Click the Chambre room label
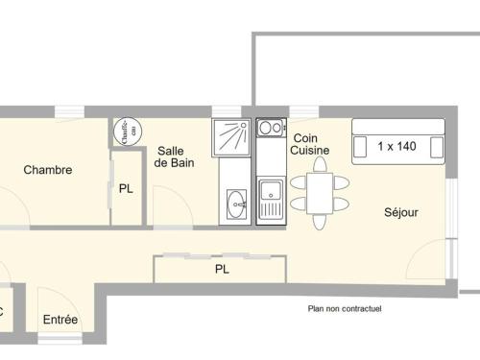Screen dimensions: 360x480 pyautogui.click(x=48, y=170)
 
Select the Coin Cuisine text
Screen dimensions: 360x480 pyautogui.click(x=310, y=145)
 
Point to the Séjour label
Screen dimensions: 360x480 pyautogui.click(x=401, y=212)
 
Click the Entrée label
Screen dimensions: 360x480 pyautogui.click(x=60, y=320)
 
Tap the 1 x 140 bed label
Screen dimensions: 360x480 pyautogui.click(x=397, y=147)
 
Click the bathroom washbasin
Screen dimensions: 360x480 pyautogui.click(x=236, y=202)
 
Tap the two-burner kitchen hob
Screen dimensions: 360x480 pyautogui.click(x=270, y=128)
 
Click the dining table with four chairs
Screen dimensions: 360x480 pyautogui.click(x=319, y=191)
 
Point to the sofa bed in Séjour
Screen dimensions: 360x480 pyautogui.click(x=397, y=141)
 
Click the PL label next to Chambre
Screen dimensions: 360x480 pyautogui.click(x=126, y=188)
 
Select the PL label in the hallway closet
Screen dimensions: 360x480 pyautogui.click(x=222, y=270)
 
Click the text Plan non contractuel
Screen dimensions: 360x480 pyautogui.click(x=344, y=309)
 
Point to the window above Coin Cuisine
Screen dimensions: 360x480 pyautogui.click(x=304, y=111)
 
